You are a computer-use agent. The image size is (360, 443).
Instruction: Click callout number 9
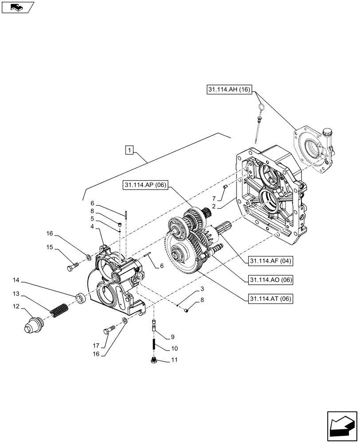pos(172,337)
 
